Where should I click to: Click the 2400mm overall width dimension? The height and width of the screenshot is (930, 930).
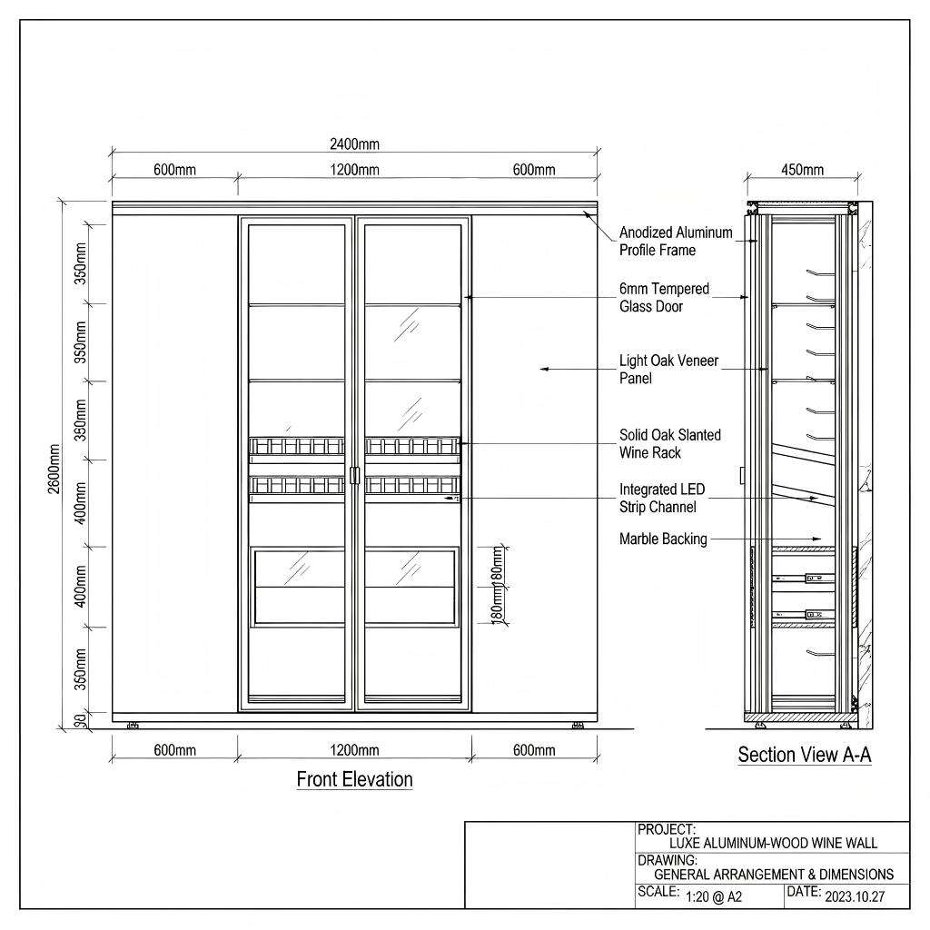coord(354,144)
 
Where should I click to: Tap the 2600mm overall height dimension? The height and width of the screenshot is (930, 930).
coord(54,469)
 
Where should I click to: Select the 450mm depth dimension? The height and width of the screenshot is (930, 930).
coord(802,170)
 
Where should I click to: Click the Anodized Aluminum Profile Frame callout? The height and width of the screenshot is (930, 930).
coord(676,241)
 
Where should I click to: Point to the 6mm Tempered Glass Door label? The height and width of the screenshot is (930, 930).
coord(664,297)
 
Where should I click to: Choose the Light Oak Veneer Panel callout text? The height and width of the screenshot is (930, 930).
coord(668,369)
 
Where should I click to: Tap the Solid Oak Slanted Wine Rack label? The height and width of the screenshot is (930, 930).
coord(669,443)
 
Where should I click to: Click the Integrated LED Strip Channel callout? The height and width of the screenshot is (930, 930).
coord(662,498)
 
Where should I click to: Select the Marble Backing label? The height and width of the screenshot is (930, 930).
coord(663,539)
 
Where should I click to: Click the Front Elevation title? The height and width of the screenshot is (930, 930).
coord(355,778)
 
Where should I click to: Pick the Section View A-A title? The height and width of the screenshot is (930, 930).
coord(805,755)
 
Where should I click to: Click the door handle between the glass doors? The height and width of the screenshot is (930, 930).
coord(355,475)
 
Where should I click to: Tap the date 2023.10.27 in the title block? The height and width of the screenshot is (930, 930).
coord(854,896)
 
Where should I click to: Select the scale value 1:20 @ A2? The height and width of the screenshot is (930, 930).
coord(714,896)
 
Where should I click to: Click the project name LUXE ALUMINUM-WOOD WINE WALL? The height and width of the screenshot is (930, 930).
coord(773,843)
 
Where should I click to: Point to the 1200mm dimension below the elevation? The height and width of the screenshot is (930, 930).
coord(354,750)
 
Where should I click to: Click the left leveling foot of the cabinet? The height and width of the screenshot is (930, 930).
coord(133,726)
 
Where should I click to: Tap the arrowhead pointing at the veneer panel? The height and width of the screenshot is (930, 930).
coord(544,369)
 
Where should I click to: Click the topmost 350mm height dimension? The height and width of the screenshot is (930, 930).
coord(81,263)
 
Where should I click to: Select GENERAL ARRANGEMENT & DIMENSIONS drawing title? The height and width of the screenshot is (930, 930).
coord(774,875)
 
